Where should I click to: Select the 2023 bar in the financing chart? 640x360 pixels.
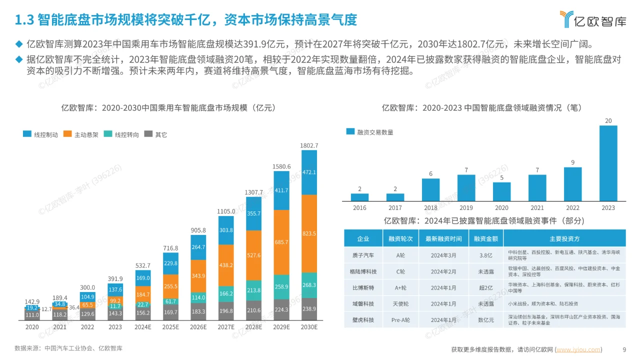click(x=608, y=162)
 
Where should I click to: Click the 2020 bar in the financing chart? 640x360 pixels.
click(x=501, y=191)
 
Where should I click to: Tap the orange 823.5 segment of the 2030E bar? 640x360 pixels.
click(x=309, y=233)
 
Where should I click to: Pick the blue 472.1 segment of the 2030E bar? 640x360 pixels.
click(x=309, y=172)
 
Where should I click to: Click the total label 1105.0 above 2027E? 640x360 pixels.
click(x=226, y=211)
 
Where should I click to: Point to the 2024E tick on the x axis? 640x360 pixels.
click(x=143, y=326)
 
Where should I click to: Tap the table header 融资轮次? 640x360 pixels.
click(x=400, y=238)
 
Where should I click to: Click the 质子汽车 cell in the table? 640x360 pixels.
click(x=363, y=255)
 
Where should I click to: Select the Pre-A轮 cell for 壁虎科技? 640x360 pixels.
click(x=400, y=319)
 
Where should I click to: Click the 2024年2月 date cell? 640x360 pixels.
click(x=443, y=271)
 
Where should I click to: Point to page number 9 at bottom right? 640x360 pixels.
click(x=624, y=349)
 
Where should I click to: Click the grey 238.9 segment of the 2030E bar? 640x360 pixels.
click(x=309, y=309)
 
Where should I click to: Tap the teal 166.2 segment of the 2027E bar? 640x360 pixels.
click(x=226, y=293)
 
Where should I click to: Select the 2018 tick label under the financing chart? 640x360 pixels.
click(x=430, y=207)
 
